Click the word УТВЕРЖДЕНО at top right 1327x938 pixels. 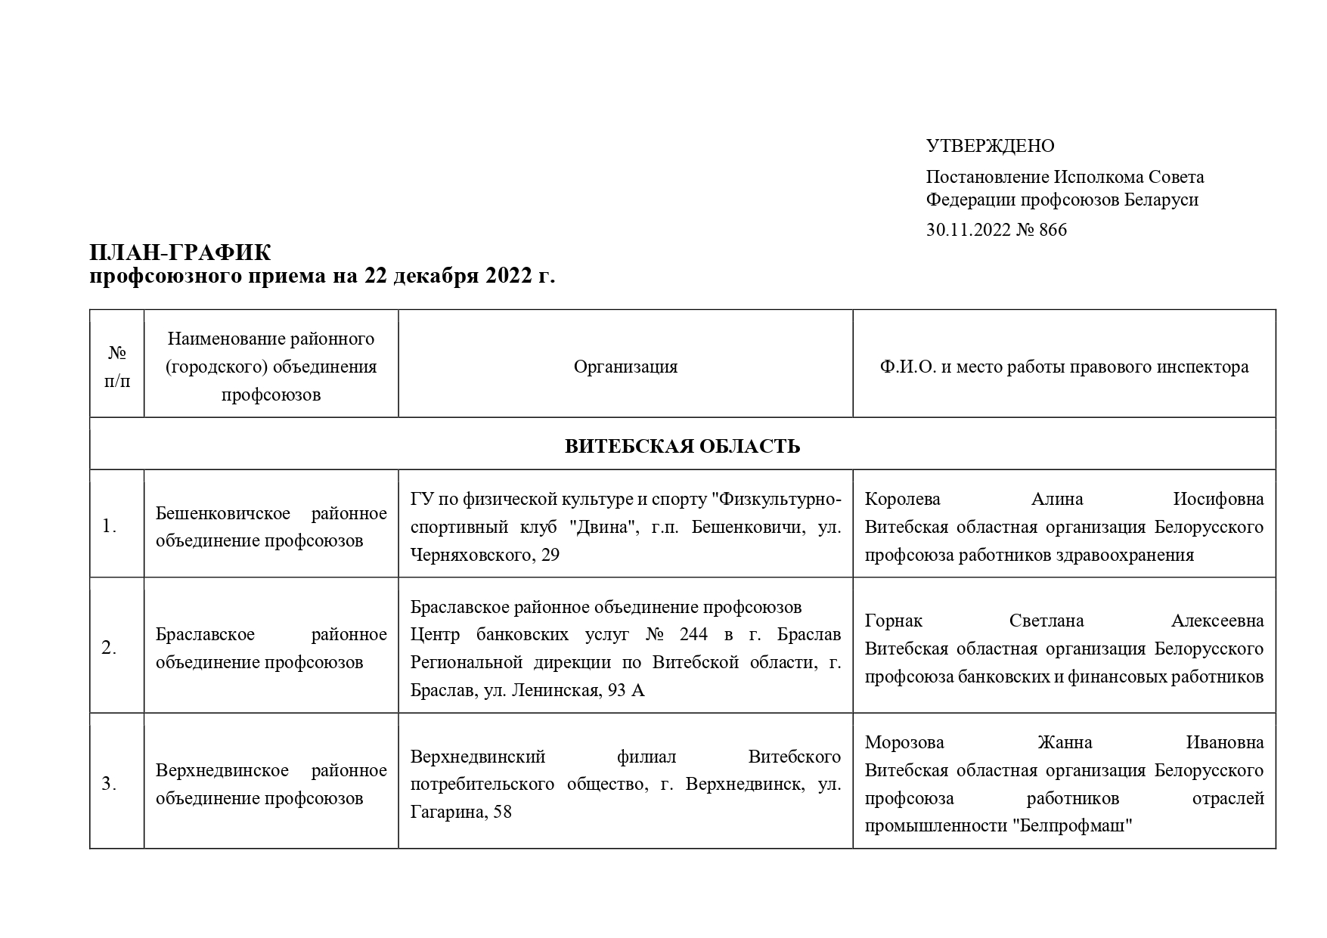click(990, 146)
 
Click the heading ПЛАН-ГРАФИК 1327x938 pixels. click(180, 252)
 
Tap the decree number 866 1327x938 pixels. click(1053, 230)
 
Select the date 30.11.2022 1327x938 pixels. click(968, 230)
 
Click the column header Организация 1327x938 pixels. click(625, 367)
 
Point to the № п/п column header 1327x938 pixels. click(117, 367)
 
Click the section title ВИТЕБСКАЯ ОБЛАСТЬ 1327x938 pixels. click(682, 446)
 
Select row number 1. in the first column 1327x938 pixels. click(109, 527)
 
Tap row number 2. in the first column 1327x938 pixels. click(109, 649)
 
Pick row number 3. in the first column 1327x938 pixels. click(109, 785)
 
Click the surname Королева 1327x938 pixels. click(902, 499)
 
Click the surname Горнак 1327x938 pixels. click(894, 621)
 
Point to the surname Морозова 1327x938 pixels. click(904, 742)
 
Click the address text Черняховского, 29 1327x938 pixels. click(485, 555)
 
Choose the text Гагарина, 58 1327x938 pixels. click(460, 813)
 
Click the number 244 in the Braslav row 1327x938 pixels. click(693, 634)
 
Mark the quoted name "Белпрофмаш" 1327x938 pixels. click(1072, 826)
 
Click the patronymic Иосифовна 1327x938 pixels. click(1218, 499)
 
